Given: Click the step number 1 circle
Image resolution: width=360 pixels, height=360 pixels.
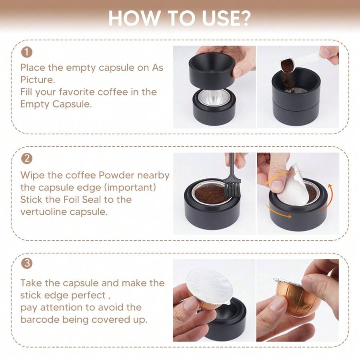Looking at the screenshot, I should pyautogui.click(x=26, y=52).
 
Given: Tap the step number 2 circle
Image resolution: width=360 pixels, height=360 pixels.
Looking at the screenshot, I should pyautogui.click(x=26, y=158).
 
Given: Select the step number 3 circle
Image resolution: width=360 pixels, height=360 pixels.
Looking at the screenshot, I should pyautogui.click(x=26, y=264).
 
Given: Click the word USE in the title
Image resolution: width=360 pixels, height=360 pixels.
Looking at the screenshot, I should pyautogui.click(x=225, y=18).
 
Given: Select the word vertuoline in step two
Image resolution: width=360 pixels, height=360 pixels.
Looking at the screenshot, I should pyautogui.click(x=43, y=212).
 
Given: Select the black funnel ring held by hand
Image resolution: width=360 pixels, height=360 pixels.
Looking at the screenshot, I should pyautogui.click(x=212, y=66).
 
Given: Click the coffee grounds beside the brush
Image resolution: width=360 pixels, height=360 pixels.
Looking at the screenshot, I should pyautogui.click(x=210, y=194).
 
